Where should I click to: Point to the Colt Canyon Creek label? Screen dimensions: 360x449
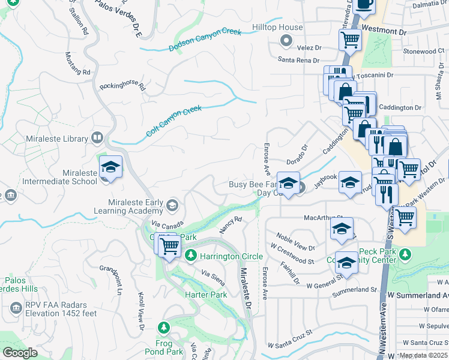click(174, 121)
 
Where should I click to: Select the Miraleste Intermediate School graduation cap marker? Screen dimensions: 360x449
click(110, 167)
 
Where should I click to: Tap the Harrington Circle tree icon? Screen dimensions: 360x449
click(191, 256)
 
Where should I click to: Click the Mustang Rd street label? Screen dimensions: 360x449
click(77, 63)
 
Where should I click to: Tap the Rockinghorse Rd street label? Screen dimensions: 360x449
click(123, 86)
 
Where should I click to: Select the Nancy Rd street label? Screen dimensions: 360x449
click(230, 224)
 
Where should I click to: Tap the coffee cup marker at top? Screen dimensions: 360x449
click(364, 4)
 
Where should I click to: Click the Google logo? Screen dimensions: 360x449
click(20, 352)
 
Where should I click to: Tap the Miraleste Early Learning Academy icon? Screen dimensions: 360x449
click(172, 206)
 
